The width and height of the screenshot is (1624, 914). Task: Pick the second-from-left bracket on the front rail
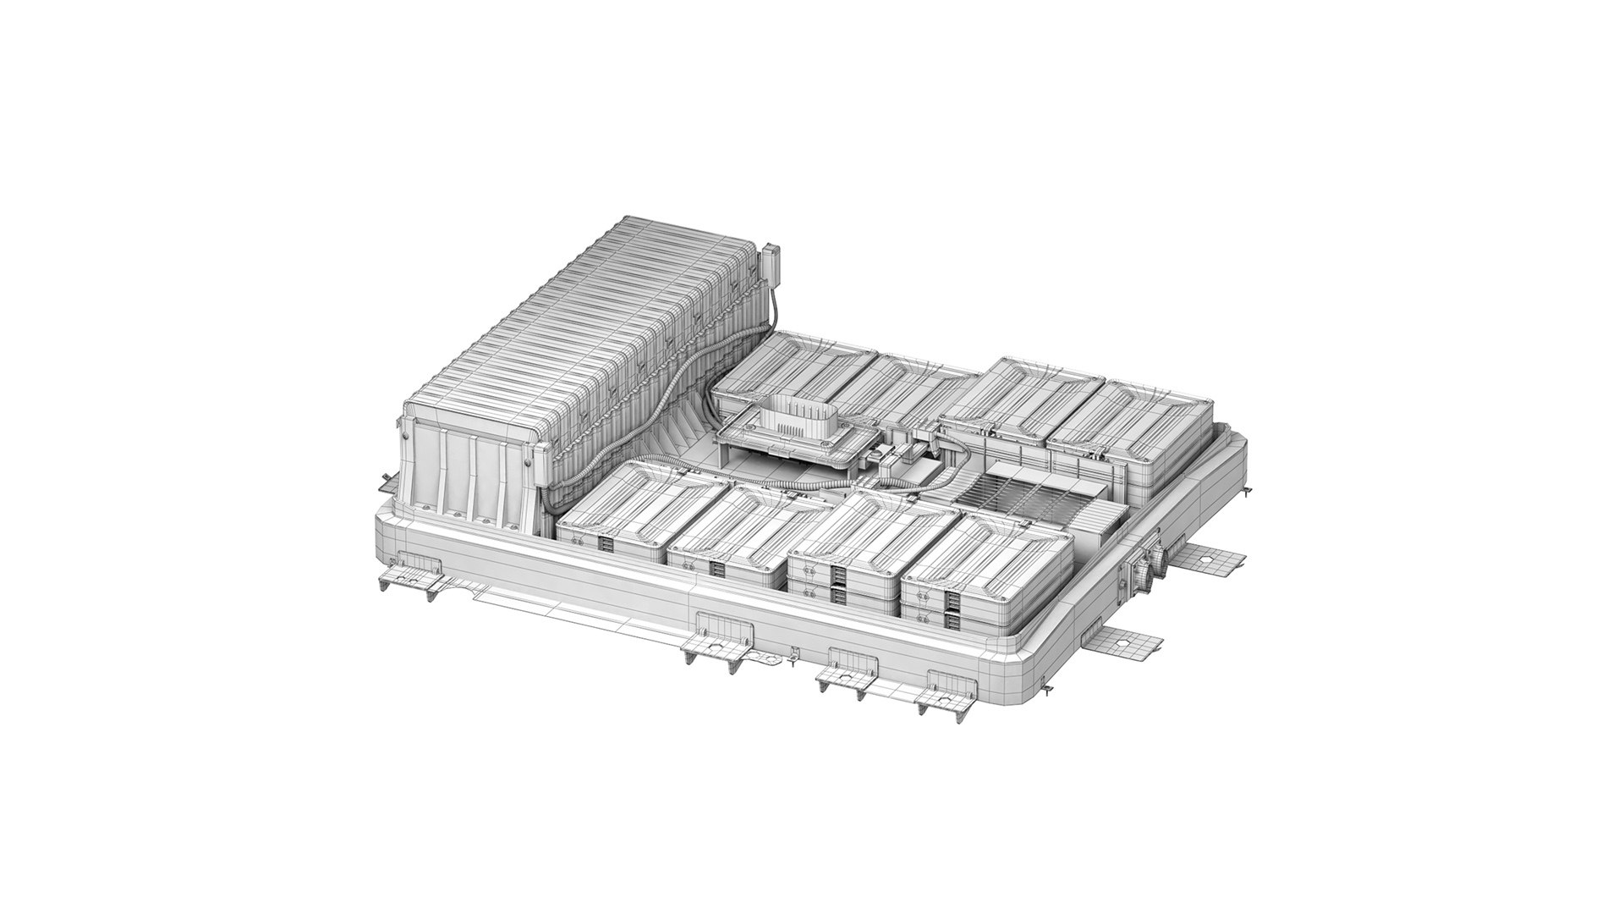pyautogui.click(x=719, y=642)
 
